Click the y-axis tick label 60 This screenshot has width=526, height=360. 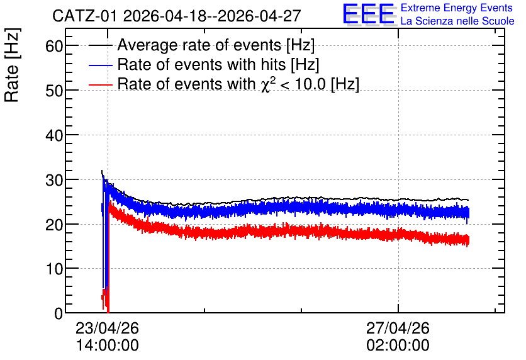pyautogui.click(x=54, y=45)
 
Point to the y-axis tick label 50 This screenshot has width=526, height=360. pyautogui.click(x=54, y=90)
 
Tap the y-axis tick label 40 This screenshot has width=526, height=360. pyautogui.click(x=54, y=135)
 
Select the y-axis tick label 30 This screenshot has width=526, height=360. pyautogui.click(x=54, y=180)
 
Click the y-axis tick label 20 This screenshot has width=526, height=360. pyautogui.click(x=54, y=225)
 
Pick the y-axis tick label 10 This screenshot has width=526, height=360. pyautogui.click(x=54, y=269)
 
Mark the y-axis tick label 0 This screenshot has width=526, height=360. pyautogui.click(x=59, y=313)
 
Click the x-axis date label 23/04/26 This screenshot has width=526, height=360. pyautogui.click(x=108, y=328)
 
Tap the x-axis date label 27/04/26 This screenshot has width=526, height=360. pyautogui.click(x=398, y=328)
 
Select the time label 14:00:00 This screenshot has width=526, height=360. pyautogui.click(x=108, y=346)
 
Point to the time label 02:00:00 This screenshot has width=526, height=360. pyautogui.click(x=398, y=346)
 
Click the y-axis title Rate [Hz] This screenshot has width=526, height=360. pyautogui.click(x=12, y=65)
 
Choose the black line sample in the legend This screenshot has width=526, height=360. pyautogui.click(x=100, y=45)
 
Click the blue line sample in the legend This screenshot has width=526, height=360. pyautogui.click(x=100, y=65)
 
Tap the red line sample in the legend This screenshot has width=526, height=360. pyautogui.click(x=100, y=84)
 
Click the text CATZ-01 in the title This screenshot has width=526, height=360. pyautogui.click(x=85, y=16)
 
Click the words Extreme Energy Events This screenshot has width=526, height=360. pyautogui.click(x=457, y=8)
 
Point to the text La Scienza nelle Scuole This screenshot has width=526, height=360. pyautogui.click(x=457, y=21)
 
